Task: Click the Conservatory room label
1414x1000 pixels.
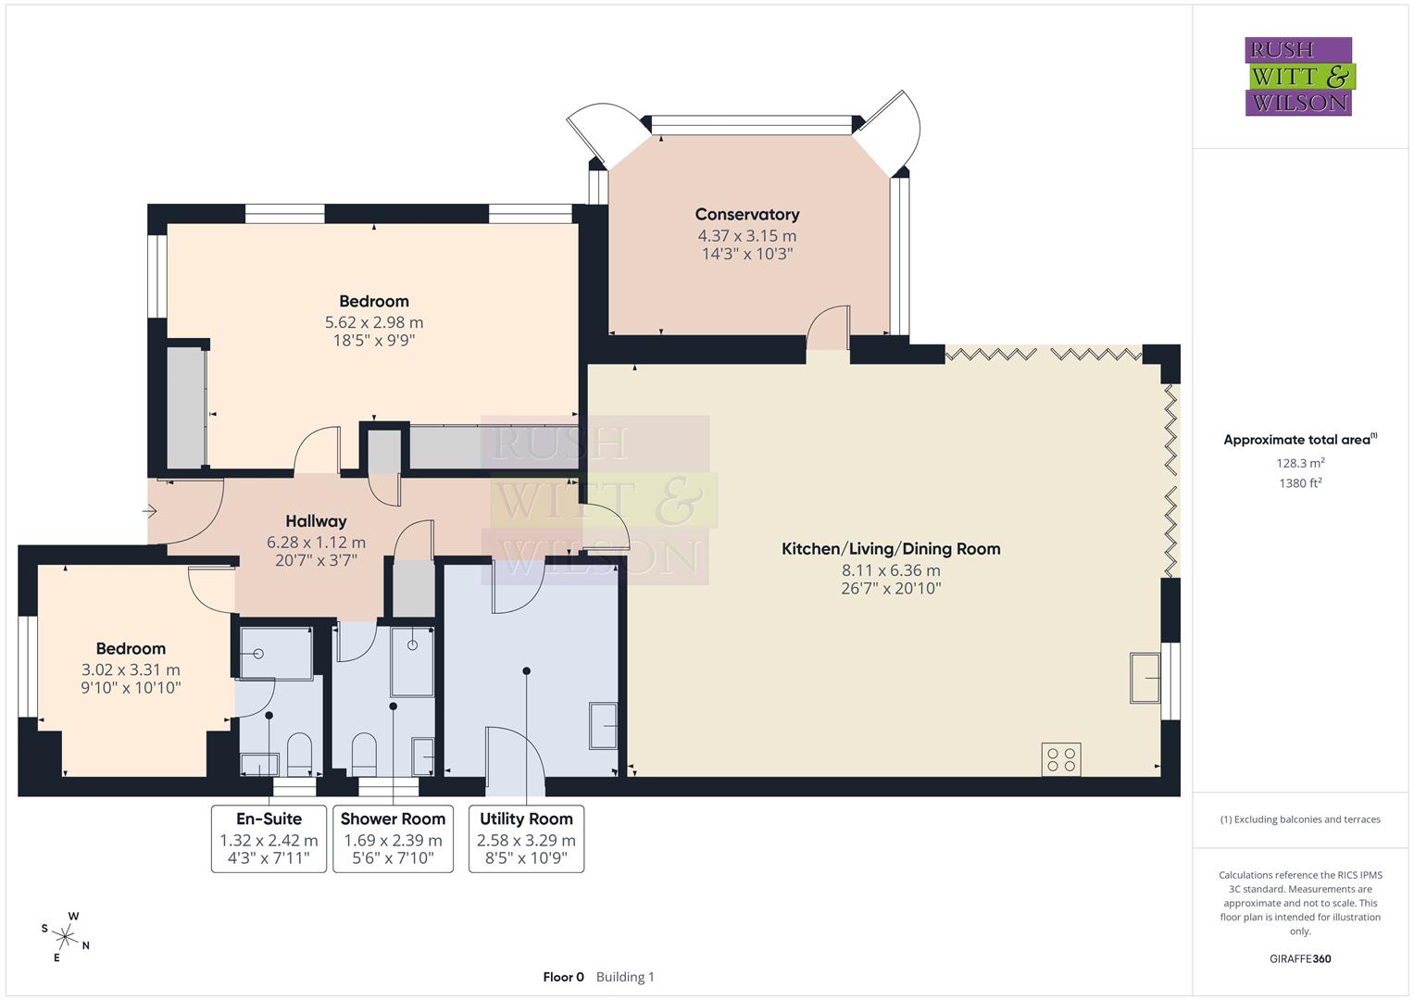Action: pyautogui.click(x=746, y=215)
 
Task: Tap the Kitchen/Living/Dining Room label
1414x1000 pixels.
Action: pyautogui.click(x=890, y=548)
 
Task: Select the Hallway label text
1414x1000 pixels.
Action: pyautogui.click(x=316, y=521)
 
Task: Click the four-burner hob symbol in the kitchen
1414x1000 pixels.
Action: pyautogui.click(x=1060, y=759)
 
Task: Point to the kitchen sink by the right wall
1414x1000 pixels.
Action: pyautogui.click(x=1145, y=678)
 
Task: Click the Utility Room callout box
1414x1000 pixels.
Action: pyautogui.click(x=526, y=839)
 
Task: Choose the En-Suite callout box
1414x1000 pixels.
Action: pyautogui.click(x=269, y=839)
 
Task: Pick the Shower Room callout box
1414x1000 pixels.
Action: pyautogui.click(x=393, y=839)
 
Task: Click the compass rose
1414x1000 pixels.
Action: pyautogui.click(x=66, y=936)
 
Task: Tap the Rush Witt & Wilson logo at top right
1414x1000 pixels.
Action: pyautogui.click(x=1298, y=77)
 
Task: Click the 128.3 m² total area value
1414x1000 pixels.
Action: pyautogui.click(x=1299, y=463)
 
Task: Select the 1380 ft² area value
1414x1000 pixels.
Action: pyautogui.click(x=1299, y=483)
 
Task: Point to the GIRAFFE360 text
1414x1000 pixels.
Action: pyautogui.click(x=1299, y=958)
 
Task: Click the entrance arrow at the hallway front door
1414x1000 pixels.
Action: pyautogui.click(x=150, y=510)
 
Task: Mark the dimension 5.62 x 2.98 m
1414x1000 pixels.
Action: pyautogui.click(x=373, y=322)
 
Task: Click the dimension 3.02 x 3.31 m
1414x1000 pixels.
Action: pyautogui.click(x=131, y=669)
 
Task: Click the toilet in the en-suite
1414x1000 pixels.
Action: pyautogui.click(x=299, y=754)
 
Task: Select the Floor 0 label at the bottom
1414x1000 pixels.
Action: pyautogui.click(x=563, y=977)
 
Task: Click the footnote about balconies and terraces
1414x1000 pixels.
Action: pyautogui.click(x=1299, y=819)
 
